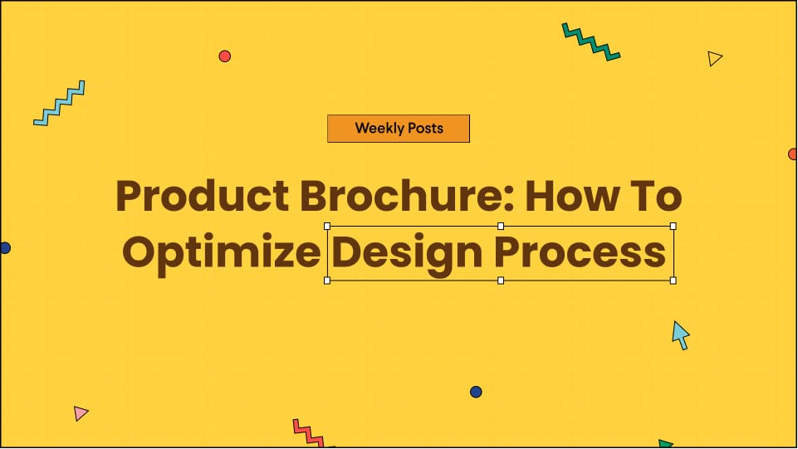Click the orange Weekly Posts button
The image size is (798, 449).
click(x=399, y=129)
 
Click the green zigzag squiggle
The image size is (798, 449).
click(x=590, y=41)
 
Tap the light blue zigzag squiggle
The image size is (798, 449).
click(x=59, y=104)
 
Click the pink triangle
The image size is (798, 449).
click(x=80, y=412)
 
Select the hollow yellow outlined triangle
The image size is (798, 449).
click(x=714, y=58)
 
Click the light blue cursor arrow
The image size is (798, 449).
click(x=680, y=334)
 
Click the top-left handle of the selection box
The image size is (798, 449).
click(x=327, y=226)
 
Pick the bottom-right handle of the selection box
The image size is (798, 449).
click(x=673, y=281)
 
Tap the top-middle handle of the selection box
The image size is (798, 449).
click(x=500, y=226)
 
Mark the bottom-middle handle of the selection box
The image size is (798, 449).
click(x=500, y=281)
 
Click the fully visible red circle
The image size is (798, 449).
click(x=224, y=56)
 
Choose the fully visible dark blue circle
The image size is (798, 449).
click(x=476, y=392)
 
